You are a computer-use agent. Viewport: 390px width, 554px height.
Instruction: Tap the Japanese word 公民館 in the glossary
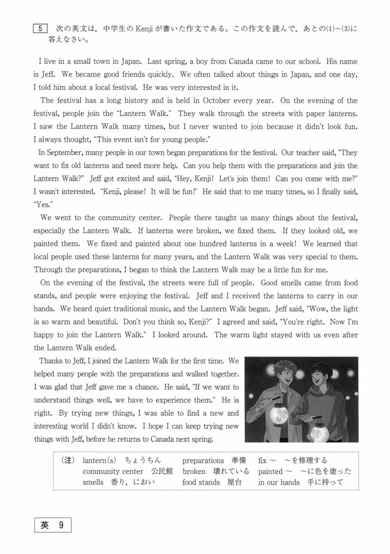click(x=161, y=471)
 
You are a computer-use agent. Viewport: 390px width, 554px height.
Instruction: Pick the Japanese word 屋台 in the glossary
click(x=233, y=482)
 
